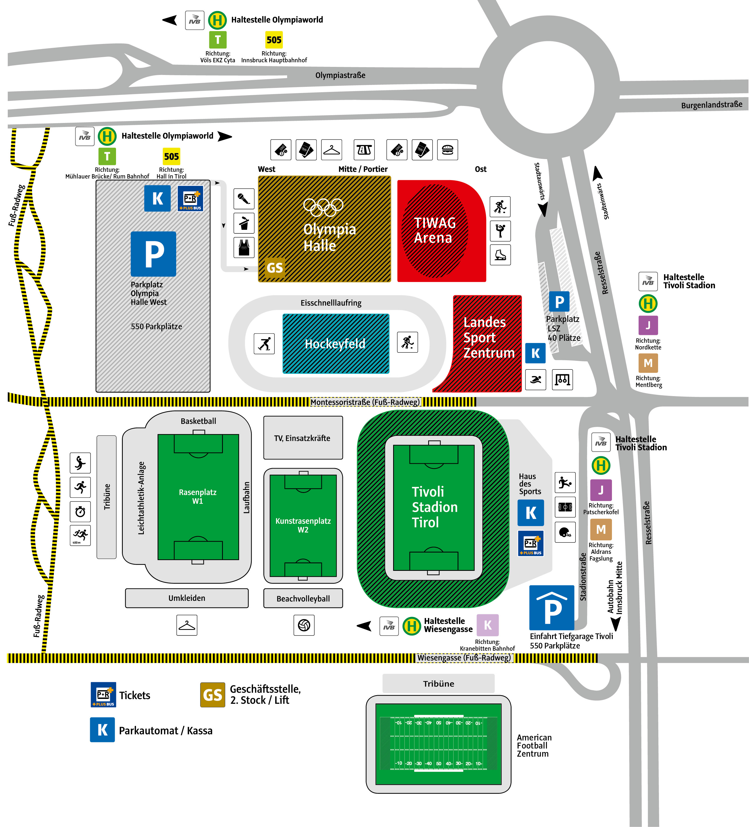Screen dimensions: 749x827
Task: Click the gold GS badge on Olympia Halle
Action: pos(275,267)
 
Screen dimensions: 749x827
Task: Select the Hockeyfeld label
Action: pos(335,344)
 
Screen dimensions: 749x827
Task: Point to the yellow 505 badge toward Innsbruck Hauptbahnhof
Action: pos(274,40)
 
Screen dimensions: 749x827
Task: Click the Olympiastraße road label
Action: pos(340,75)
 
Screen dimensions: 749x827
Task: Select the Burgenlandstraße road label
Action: pos(712,105)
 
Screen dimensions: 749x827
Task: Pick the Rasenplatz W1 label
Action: pos(198,496)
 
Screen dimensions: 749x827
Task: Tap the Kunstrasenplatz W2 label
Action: pos(303,525)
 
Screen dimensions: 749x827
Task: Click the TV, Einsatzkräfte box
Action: pos(303,438)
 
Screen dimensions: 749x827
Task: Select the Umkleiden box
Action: pos(187,598)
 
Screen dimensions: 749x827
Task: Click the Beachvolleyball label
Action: pos(303,599)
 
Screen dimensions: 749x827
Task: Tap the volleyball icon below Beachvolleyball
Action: pos(304,625)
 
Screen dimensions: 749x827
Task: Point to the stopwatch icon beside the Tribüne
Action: pos(80,511)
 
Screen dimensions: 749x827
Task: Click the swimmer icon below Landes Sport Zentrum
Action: pos(536,379)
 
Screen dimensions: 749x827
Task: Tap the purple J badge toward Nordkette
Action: pos(648,325)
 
